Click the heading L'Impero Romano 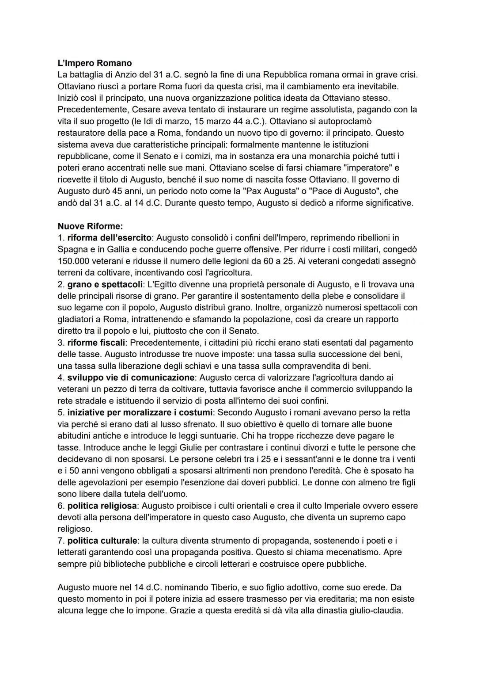[95, 63]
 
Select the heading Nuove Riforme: [90, 226]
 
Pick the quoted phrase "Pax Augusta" [240, 191]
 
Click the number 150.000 [76, 261]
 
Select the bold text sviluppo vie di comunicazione [131, 378]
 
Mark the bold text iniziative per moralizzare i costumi [140, 412]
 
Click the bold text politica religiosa [102, 506]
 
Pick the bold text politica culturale [102, 541]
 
